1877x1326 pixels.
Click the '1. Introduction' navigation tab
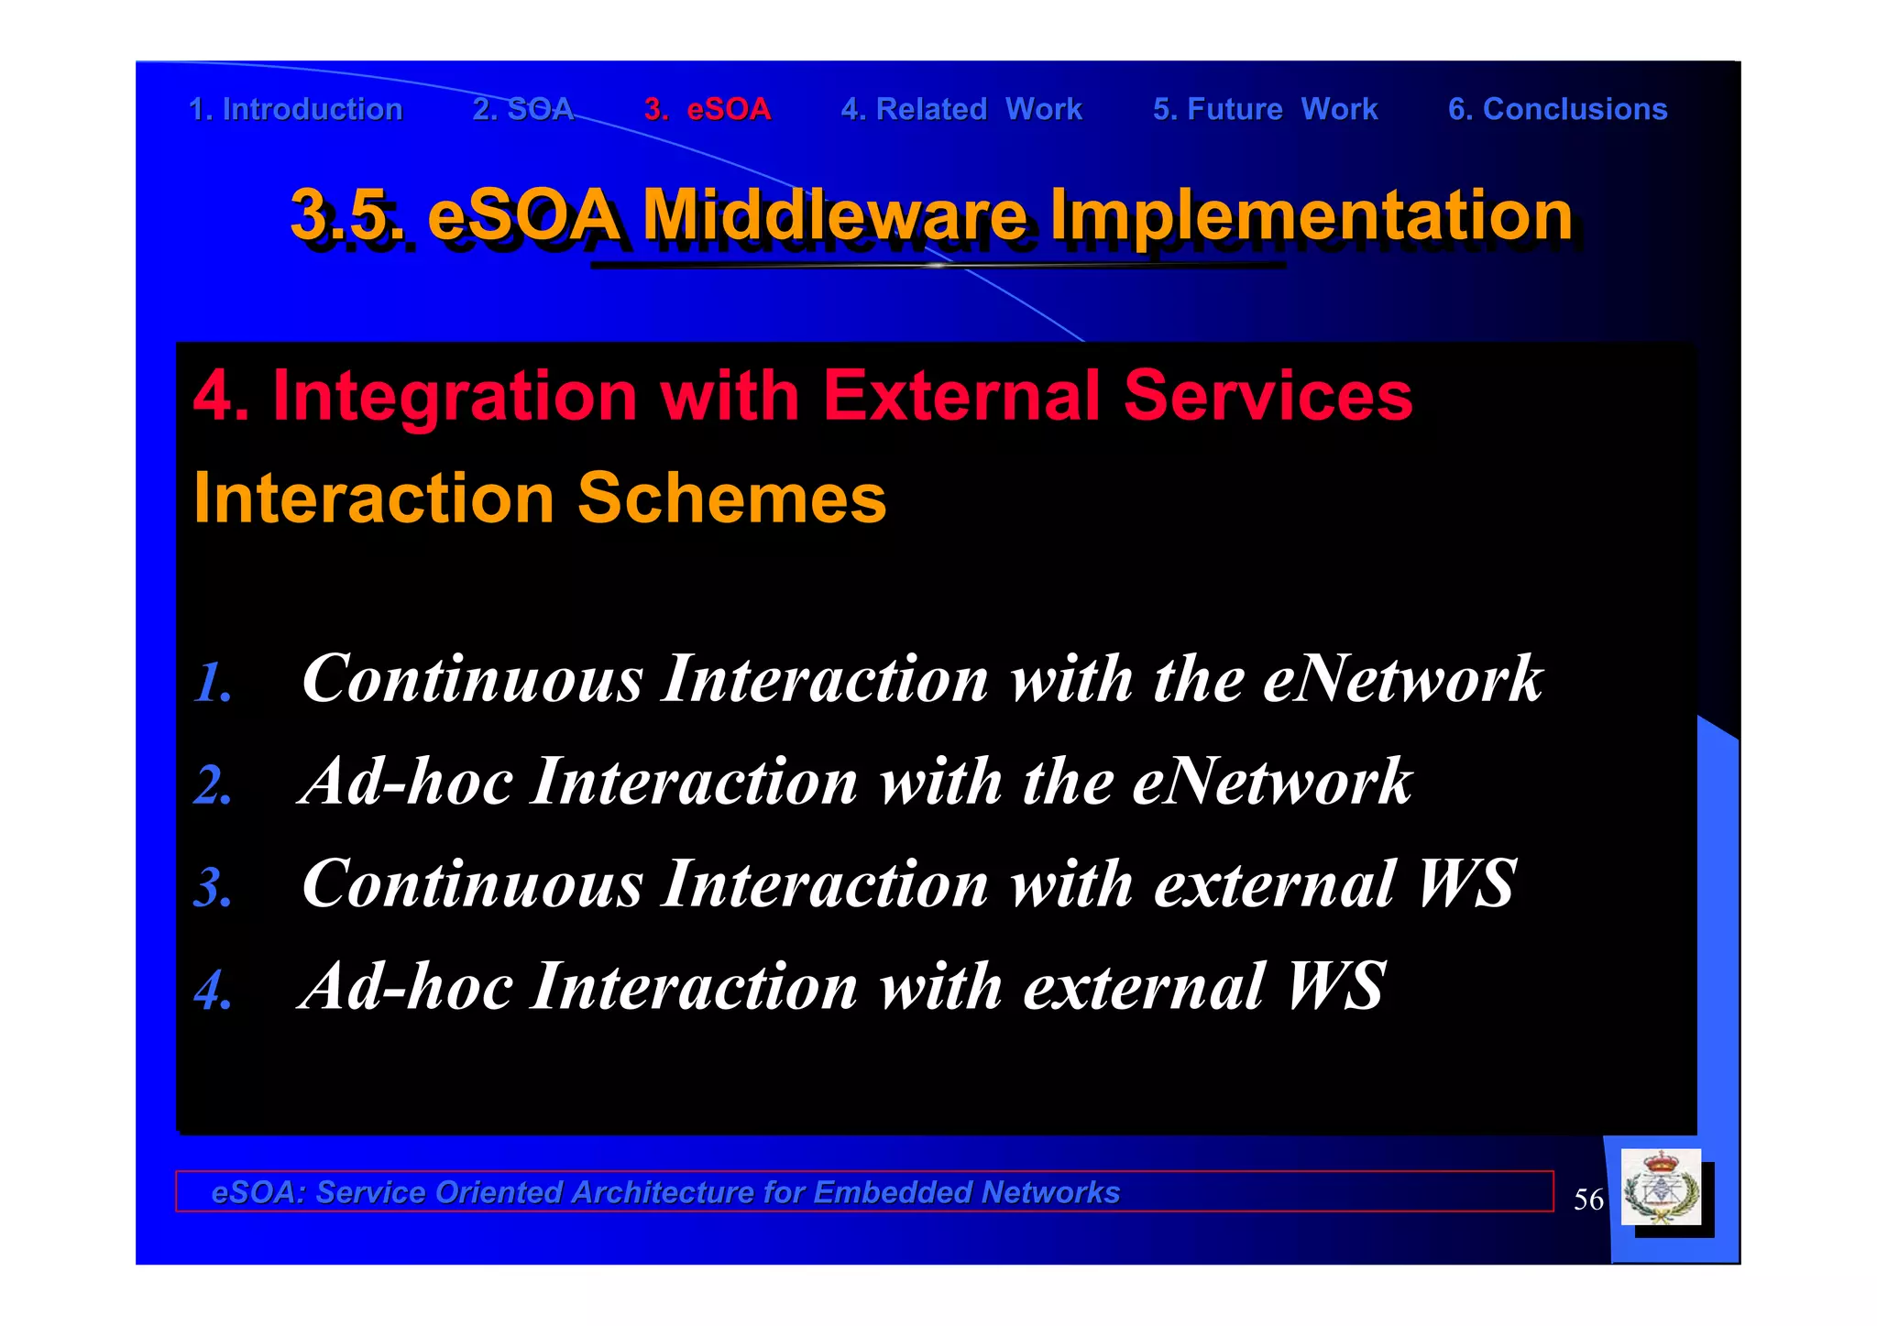(295, 109)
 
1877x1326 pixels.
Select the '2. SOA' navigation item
(522, 109)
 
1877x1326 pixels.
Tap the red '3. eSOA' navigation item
(708, 109)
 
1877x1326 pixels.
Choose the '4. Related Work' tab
(961, 109)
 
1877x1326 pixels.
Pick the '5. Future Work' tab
(1265, 109)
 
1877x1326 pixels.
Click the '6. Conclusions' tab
(1557, 109)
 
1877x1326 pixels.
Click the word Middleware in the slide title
(834, 214)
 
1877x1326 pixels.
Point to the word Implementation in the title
(1311, 214)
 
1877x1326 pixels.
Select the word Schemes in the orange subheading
(731, 498)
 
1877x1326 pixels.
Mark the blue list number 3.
(214, 888)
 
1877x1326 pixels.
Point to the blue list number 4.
(214, 991)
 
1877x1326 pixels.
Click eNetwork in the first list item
(1402, 679)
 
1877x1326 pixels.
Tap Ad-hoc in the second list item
(406, 782)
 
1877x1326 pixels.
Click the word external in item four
(1144, 987)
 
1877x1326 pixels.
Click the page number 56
(1588, 1200)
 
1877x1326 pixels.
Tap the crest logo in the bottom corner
(1661, 1189)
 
